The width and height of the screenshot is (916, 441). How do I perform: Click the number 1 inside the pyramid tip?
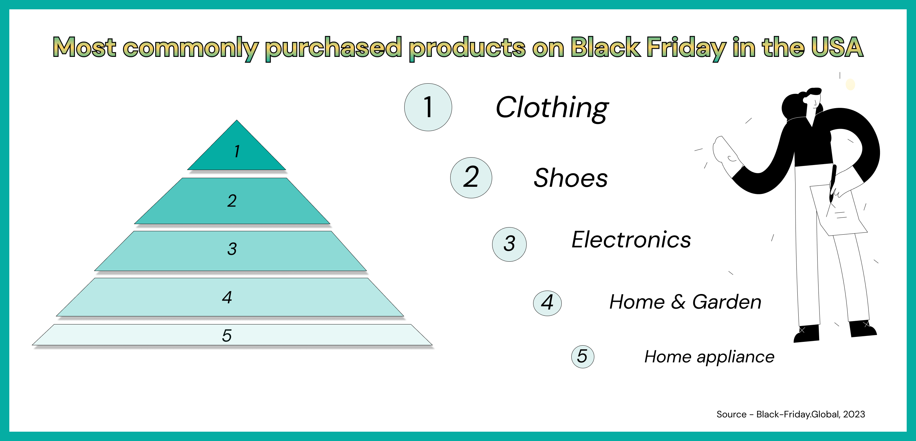point(237,151)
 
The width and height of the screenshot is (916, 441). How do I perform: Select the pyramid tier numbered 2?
point(232,201)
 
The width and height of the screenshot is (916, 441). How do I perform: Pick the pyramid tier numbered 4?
point(230,297)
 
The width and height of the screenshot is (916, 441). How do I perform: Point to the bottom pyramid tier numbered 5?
point(232,335)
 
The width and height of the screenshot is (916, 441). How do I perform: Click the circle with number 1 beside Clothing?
point(428,107)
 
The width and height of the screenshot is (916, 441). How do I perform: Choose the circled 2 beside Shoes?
point(471,177)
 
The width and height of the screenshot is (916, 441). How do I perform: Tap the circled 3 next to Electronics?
point(509,245)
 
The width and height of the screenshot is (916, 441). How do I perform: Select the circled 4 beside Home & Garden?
point(547,303)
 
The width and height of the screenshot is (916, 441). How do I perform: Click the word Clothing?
point(552,108)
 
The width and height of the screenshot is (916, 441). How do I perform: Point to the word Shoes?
point(571,177)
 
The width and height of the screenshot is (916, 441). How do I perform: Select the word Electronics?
point(631,240)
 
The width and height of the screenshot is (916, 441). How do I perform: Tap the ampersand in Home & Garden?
point(678,302)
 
